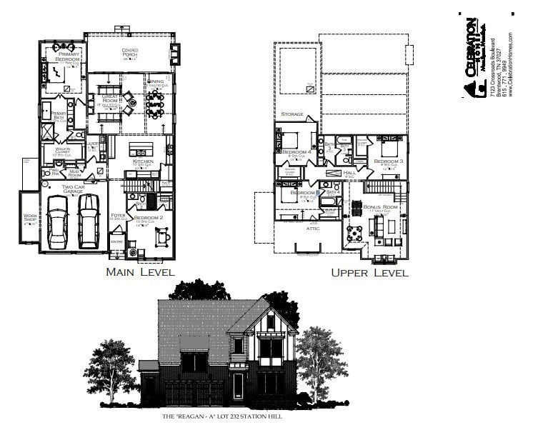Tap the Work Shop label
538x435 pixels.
[30, 219]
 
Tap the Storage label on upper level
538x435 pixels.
[292, 114]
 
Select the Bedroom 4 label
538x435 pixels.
[295, 152]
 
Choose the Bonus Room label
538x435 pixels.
[378, 206]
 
